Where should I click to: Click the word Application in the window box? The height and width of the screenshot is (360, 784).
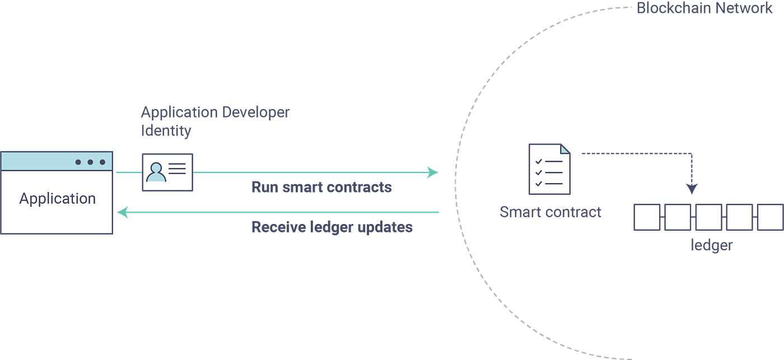coord(57,199)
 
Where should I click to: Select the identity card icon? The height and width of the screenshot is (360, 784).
coord(167,172)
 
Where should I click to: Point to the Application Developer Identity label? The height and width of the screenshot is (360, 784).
coord(215,121)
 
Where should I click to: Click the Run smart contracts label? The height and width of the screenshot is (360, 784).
coord(321,187)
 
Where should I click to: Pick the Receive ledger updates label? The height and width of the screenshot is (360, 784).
coord(332,227)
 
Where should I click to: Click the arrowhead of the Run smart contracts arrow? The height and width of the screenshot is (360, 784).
coord(433,172)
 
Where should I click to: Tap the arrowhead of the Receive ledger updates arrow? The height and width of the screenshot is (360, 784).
coord(122,212)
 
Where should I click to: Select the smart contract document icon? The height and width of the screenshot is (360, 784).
coord(550,169)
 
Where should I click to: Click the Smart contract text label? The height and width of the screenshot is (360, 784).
coord(550,212)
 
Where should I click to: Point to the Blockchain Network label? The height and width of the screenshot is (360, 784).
coord(704,9)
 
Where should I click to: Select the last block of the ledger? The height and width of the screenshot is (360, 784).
coord(769,217)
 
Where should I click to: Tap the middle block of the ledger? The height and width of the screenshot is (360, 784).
coord(708,217)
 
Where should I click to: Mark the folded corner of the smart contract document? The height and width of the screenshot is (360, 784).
coord(566,148)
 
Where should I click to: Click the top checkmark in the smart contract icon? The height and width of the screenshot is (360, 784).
coord(539,161)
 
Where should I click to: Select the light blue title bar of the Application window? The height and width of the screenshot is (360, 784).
coord(39,162)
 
